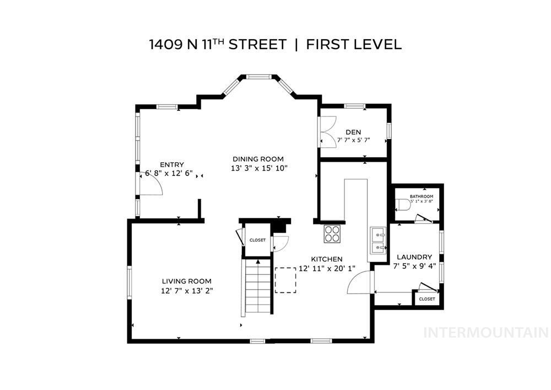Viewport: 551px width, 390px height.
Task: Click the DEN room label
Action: [x=353, y=132]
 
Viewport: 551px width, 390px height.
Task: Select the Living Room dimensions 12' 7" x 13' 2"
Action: [x=186, y=290]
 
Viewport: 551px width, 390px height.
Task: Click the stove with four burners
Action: [x=332, y=234]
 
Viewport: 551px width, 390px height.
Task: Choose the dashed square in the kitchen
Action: [x=285, y=280]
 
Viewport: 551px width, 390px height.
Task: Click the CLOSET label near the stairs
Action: [x=257, y=240]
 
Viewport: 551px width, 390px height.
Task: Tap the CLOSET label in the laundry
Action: [x=426, y=298]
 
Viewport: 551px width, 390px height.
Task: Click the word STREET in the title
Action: [x=258, y=45]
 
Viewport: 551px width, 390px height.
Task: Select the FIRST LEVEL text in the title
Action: [x=354, y=45]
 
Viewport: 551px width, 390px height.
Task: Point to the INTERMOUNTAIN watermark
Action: [x=485, y=332]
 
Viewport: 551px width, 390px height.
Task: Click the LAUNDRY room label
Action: [x=414, y=257]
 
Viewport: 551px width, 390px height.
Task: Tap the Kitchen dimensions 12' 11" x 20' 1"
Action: [x=327, y=268]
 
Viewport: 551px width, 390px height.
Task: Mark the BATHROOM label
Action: [x=421, y=196]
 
